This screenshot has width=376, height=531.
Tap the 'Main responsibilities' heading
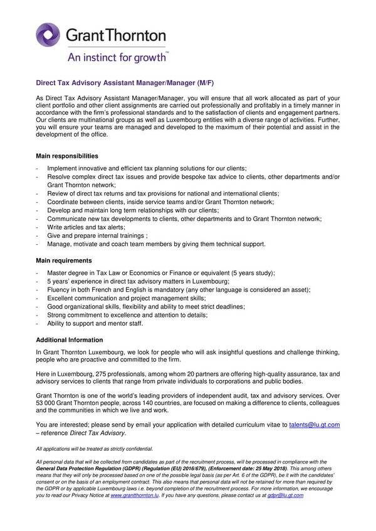67,155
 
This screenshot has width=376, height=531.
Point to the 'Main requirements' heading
64,260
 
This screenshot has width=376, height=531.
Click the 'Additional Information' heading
69,339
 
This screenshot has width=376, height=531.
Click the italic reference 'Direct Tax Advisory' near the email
97,433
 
